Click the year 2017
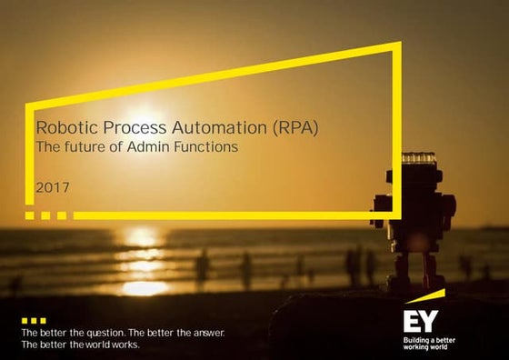point(51,188)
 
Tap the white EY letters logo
point(421,321)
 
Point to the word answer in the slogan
point(203,333)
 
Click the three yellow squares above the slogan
point(33,321)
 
